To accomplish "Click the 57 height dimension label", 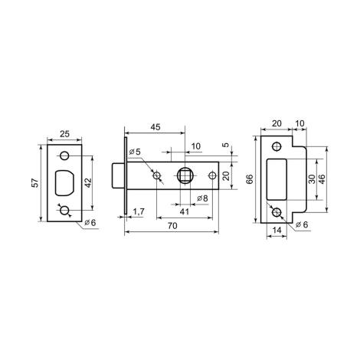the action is (36, 183).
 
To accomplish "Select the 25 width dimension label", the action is (64, 134).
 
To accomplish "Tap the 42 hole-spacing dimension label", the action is (88, 183).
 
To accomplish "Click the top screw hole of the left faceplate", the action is (64, 155).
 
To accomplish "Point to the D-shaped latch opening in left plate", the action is (64, 183).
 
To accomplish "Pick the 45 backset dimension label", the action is (155, 127).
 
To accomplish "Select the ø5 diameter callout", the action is (135, 152).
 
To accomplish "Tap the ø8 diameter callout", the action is (203, 198).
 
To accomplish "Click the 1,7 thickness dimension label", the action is (139, 211).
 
